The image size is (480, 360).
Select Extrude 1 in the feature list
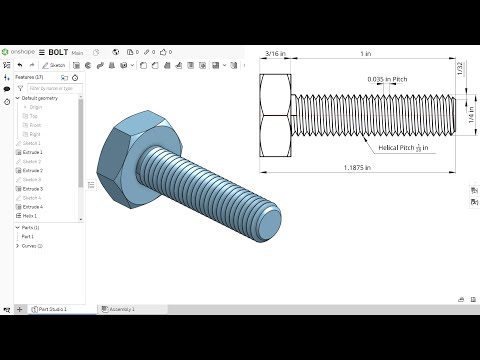coord(33,152)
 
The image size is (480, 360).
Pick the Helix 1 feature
coord(30,215)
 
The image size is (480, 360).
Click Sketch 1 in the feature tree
coord(32,143)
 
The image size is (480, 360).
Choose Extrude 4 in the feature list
coord(33,206)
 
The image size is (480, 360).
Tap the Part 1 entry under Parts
coord(28,237)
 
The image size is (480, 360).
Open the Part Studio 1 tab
coord(52,309)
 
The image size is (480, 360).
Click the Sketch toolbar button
coord(55,64)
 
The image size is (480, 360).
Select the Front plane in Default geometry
coord(35,125)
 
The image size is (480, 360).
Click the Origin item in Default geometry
coord(36,107)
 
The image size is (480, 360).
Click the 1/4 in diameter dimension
coord(471,117)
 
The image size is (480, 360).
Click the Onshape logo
coord(21,50)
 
